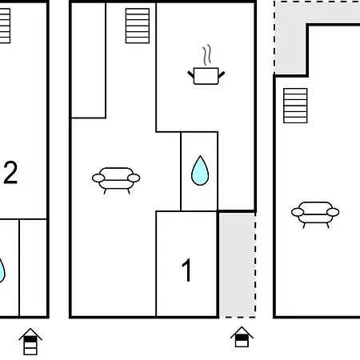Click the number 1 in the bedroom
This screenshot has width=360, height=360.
(x=187, y=270)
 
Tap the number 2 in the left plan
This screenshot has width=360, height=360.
(x=10, y=173)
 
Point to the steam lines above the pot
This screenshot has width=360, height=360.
(x=207, y=55)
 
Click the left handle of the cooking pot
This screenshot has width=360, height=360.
(x=191, y=74)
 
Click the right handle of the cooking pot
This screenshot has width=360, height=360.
(x=222, y=74)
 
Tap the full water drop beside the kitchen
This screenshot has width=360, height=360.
(x=200, y=170)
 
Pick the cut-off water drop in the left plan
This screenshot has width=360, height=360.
(x=2, y=270)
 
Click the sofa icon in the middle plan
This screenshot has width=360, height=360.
(x=116, y=181)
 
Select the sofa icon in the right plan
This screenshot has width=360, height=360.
(x=315, y=214)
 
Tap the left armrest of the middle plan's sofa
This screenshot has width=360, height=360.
(x=98, y=178)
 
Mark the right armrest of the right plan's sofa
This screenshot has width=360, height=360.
(x=333, y=212)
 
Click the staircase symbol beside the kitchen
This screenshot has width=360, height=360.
(x=138, y=26)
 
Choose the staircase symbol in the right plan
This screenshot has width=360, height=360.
(x=295, y=106)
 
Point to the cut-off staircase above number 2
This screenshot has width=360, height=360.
(x=5, y=26)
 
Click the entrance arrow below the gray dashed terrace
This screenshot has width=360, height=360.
(x=242, y=337)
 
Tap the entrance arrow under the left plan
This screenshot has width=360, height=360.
(x=30, y=342)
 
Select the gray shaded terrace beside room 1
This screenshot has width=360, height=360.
(x=237, y=265)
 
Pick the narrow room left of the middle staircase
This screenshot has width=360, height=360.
(x=89, y=60)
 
